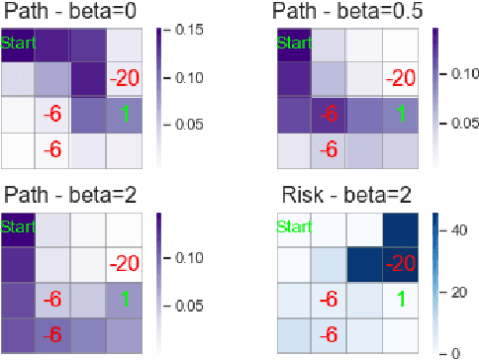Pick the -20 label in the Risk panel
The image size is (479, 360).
[x=400, y=262]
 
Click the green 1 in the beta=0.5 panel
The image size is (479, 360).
[x=401, y=114]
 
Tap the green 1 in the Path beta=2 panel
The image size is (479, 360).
[x=124, y=296]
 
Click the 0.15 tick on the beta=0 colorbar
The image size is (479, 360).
[x=182, y=31]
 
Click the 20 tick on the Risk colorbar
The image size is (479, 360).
[x=456, y=292]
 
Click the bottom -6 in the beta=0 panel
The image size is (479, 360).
[x=52, y=149]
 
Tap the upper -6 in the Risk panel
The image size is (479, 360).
[x=329, y=298]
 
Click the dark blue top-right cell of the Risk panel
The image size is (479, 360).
[x=401, y=226]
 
